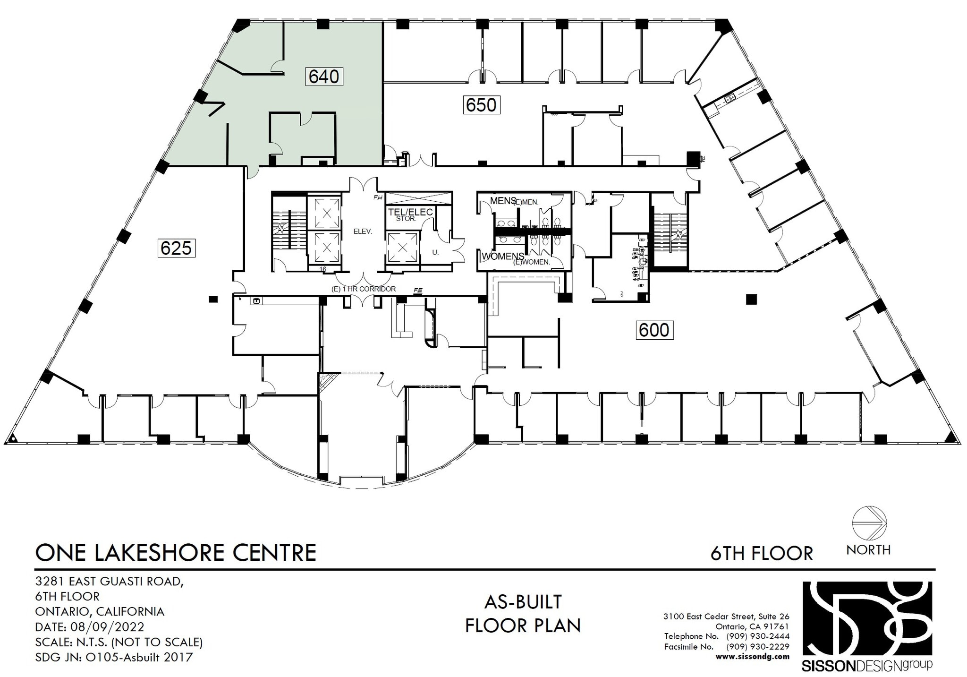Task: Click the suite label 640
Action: click(x=324, y=76)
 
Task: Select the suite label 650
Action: click(x=481, y=104)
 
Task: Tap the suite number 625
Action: click(x=176, y=248)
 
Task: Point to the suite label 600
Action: click(x=653, y=330)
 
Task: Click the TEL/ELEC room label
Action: click(x=410, y=212)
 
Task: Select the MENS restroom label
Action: click(x=502, y=201)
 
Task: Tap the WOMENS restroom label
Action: click(x=503, y=256)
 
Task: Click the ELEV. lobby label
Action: click(x=363, y=231)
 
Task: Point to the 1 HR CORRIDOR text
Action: click(x=364, y=289)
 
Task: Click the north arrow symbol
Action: click(x=869, y=523)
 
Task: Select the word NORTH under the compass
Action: click(x=868, y=550)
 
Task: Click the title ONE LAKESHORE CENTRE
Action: click(x=176, y=552)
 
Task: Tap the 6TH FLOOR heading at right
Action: click(x=761, y=553)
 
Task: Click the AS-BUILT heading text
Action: click(x=523, y=602)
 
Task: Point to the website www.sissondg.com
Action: click(x=752, y=656)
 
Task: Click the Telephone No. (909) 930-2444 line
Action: click(x=726, y=636)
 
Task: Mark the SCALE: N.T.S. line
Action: click(x=119, y=642)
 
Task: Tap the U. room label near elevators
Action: click(x=435, y=252)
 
